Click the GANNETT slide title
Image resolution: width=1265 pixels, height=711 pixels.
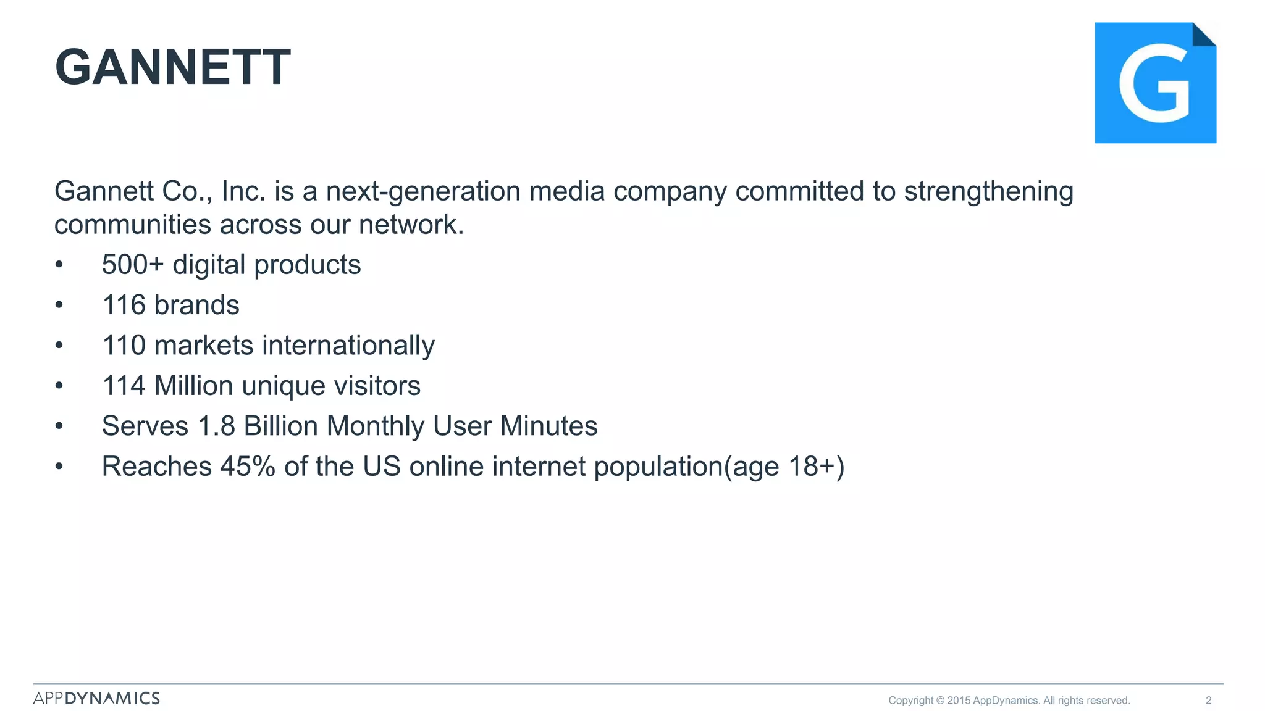coord(172,67)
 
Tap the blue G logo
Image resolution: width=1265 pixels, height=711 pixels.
coord(1154,83)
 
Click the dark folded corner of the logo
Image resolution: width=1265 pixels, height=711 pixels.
coord(1203,35)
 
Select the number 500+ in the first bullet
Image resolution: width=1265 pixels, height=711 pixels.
coord(132,265)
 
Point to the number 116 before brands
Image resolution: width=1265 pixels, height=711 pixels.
coord(124,305)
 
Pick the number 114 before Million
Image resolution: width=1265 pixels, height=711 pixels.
coord(124,386)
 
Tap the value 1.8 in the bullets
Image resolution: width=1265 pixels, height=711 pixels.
coord(216,426)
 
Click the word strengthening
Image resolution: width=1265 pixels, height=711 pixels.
coord(988,191)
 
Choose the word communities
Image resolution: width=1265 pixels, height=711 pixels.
coord(133,225)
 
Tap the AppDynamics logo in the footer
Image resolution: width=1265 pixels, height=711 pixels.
coord(96,698)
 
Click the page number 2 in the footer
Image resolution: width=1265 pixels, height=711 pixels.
coord(1208,700)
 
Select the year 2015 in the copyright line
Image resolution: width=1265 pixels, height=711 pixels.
coord(959,700)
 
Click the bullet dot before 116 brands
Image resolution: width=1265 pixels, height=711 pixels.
coord(59,305)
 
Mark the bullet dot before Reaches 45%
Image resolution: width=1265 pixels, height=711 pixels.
coord(59,466)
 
